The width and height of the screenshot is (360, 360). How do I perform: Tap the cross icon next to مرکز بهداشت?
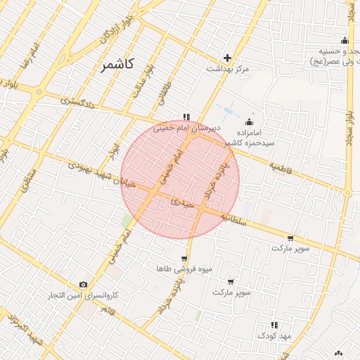(227, 58)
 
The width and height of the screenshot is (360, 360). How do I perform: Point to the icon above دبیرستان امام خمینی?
(186, 117)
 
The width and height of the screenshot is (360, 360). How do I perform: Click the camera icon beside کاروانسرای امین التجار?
(84, 285)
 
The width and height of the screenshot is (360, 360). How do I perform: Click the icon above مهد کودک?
(274, 325)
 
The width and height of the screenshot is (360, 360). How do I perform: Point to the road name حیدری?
(181, 202)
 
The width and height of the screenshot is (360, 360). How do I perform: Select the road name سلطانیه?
(234, 217)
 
